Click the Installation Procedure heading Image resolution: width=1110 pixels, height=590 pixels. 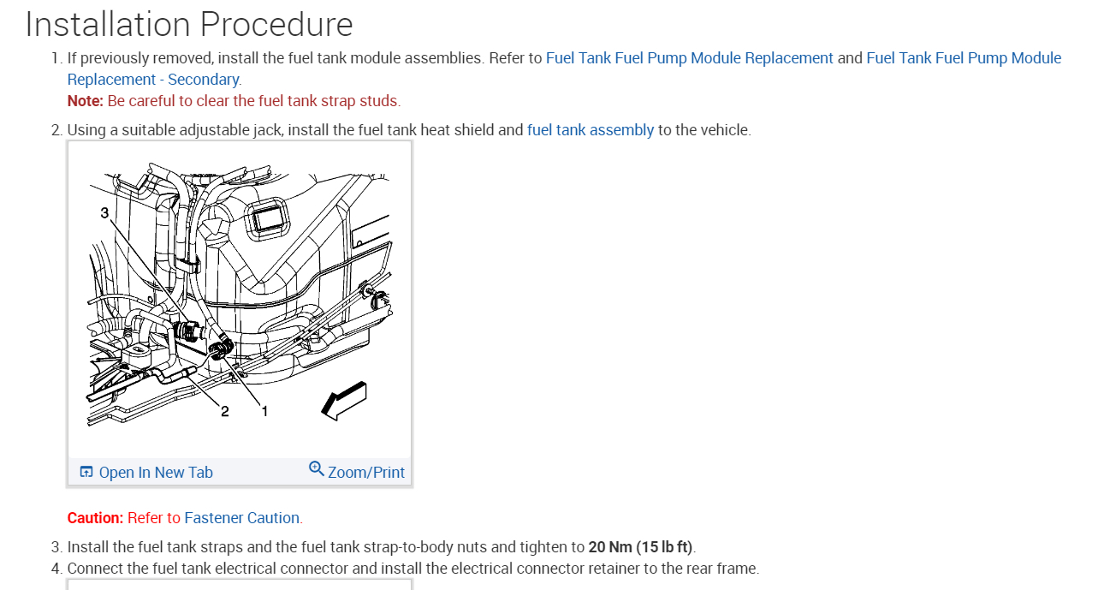click(189, 24)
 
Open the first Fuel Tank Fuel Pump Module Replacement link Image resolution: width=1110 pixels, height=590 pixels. click(689, 58)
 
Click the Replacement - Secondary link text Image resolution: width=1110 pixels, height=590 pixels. click(153, 80)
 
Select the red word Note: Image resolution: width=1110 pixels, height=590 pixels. click(85, 101)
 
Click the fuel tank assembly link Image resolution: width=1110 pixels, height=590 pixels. click(590, 130)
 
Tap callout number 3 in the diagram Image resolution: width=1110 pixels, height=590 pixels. click(104, 213)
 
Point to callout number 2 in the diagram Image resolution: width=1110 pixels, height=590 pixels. click(225, 411)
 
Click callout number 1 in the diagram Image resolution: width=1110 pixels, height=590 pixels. click(264, 411)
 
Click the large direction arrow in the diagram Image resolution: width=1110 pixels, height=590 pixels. click(343, 401)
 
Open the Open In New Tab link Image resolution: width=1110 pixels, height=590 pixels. click(156, 473)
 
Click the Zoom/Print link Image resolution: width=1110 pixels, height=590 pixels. click(366, 473)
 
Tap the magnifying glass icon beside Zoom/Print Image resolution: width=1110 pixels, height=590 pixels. click(317, 469)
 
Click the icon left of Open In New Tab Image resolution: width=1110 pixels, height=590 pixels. click(86, 473)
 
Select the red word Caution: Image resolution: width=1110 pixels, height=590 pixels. click(95, 518)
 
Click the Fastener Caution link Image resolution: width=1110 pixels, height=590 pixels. click(242, 518)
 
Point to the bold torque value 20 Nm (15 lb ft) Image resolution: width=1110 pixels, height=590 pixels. click(640, 547)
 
